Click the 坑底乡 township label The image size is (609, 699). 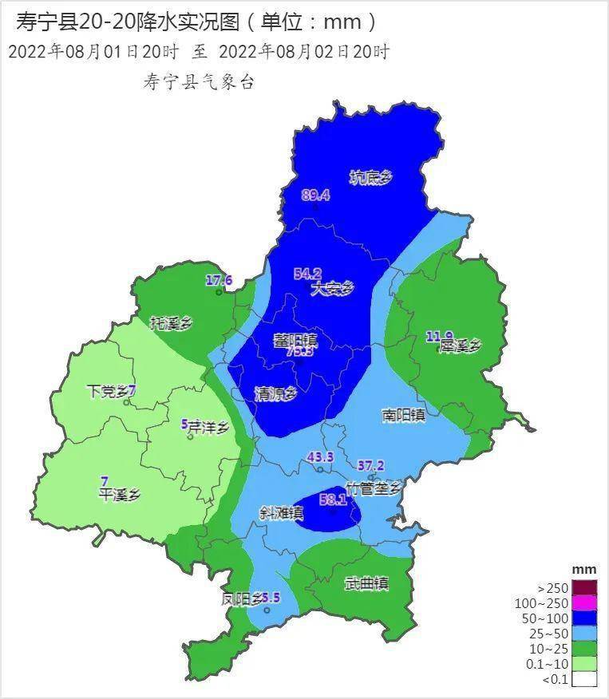[x=372, y=178]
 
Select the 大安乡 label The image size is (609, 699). [x=331, y=289]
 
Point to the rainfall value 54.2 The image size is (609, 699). [x=307, y=274]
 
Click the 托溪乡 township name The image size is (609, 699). [x=172, y=323]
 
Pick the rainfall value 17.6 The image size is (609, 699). [x=219, y=280]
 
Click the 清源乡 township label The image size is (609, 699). [x=275, y=394]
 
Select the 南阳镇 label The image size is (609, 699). [x=403, y=415]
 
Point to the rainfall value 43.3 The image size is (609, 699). [x=320, y=457]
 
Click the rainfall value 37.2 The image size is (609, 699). [x=370, y=465]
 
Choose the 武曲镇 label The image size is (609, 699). [x=366, y=584]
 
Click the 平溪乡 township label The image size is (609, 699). [x=119, y=495]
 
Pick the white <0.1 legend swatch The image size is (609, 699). [x=584, y=679]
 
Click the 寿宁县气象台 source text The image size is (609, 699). [x=198, y=82]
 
